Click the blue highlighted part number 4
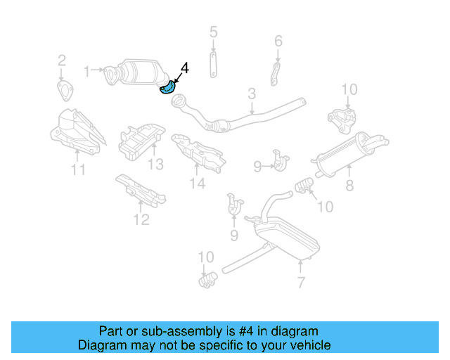tap(167, 89)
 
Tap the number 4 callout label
tap(184, 68)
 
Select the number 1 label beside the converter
tap(87, 70)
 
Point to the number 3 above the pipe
tap(251, 94)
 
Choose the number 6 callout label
tap(278, 41)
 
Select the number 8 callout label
tap(349, 186)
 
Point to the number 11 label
tap(78, 169)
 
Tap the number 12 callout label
tap(141, 220)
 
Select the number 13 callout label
tap(155, 165)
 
